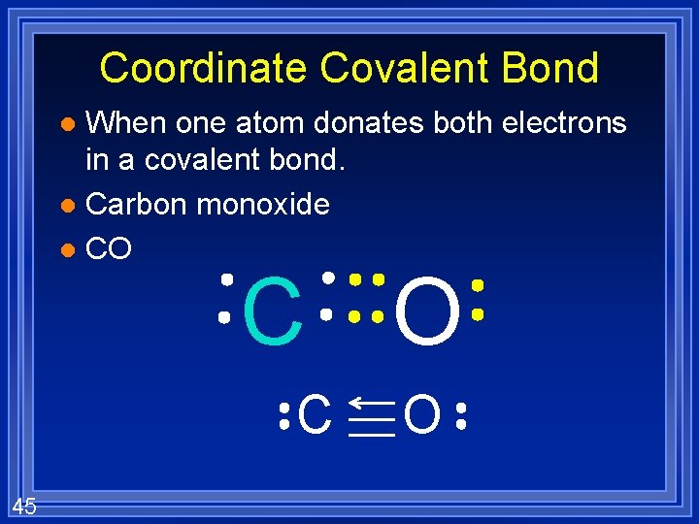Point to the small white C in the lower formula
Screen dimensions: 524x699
coord(315,416)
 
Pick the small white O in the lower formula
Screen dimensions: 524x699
coord(422,416)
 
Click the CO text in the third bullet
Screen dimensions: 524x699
coord(109,249)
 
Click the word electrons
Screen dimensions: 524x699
coord(568,123)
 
